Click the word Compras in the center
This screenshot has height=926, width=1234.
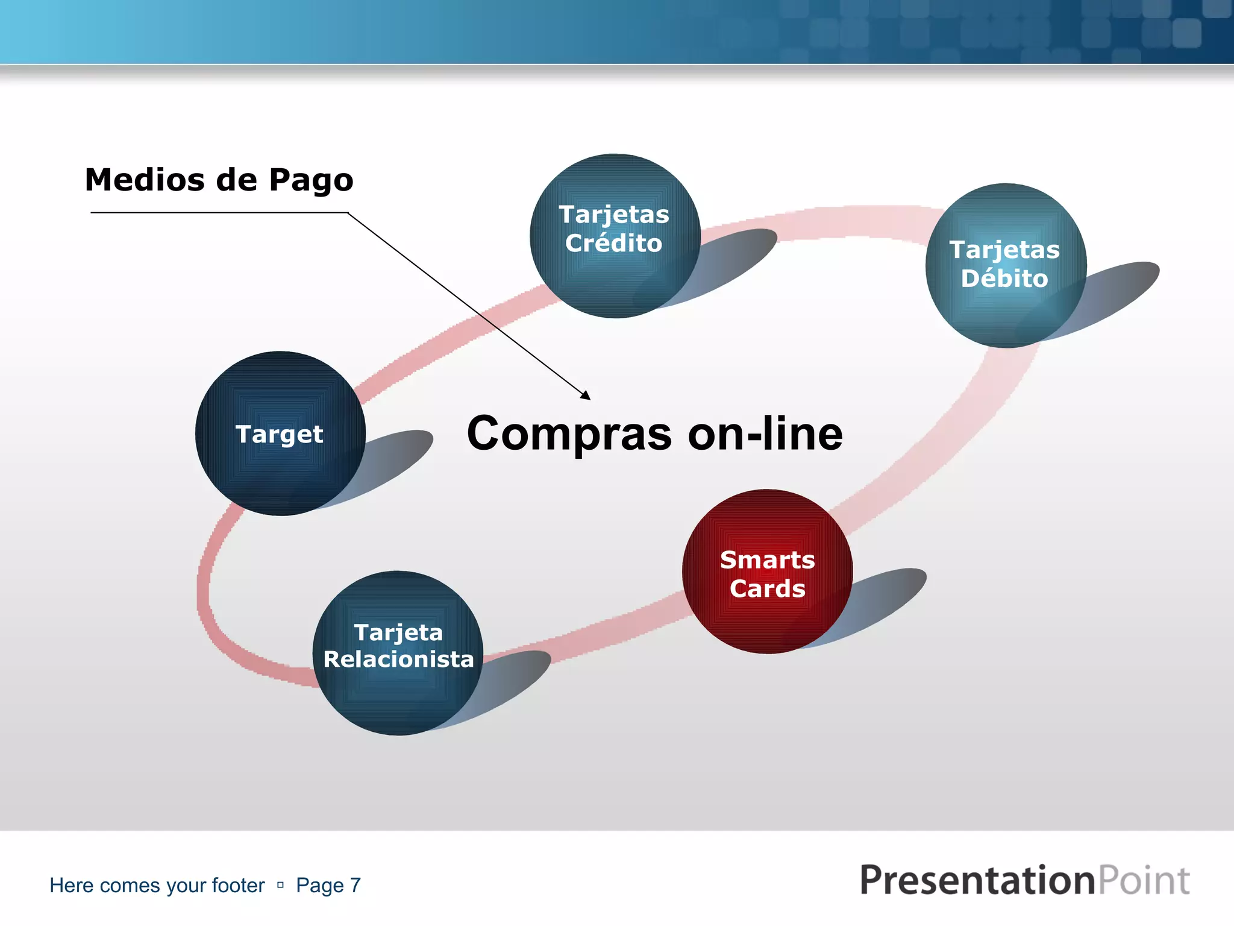coord(569,434)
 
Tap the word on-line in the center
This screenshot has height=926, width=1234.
coord(765,434)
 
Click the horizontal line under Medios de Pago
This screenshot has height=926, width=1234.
coord(217,212)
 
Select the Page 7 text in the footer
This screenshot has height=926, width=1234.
coord(328,886)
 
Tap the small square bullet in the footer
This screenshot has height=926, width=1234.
coord(280,885)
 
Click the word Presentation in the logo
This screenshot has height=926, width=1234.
coord(976,880)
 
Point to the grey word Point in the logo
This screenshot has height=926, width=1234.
coord(1144,880)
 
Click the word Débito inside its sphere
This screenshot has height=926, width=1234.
coord(1004,279)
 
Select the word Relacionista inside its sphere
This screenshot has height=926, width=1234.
coord(398,660)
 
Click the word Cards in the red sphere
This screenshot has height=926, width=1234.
coord(767,589)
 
